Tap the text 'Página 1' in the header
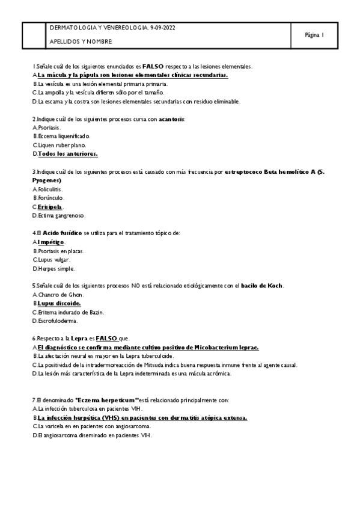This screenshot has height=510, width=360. tap(315, 35)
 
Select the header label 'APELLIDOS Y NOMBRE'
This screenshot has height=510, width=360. tap(81, 42)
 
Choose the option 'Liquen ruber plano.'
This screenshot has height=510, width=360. tap(62, 145)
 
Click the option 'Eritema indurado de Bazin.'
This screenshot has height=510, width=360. tap(71, 312)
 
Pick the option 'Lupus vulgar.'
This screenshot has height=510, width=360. tap(57, 259)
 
